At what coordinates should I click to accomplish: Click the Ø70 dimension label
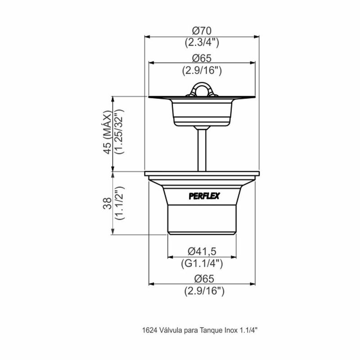202,31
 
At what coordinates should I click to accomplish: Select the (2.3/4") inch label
202,43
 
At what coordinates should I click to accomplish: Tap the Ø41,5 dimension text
202,252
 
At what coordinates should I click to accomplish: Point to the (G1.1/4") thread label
202,263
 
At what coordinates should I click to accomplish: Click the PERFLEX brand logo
204,196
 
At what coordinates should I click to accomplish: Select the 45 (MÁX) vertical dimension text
107,132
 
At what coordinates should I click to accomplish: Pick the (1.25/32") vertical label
119,131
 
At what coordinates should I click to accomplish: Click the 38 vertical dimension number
107,203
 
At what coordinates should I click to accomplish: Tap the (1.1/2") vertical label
120,203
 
